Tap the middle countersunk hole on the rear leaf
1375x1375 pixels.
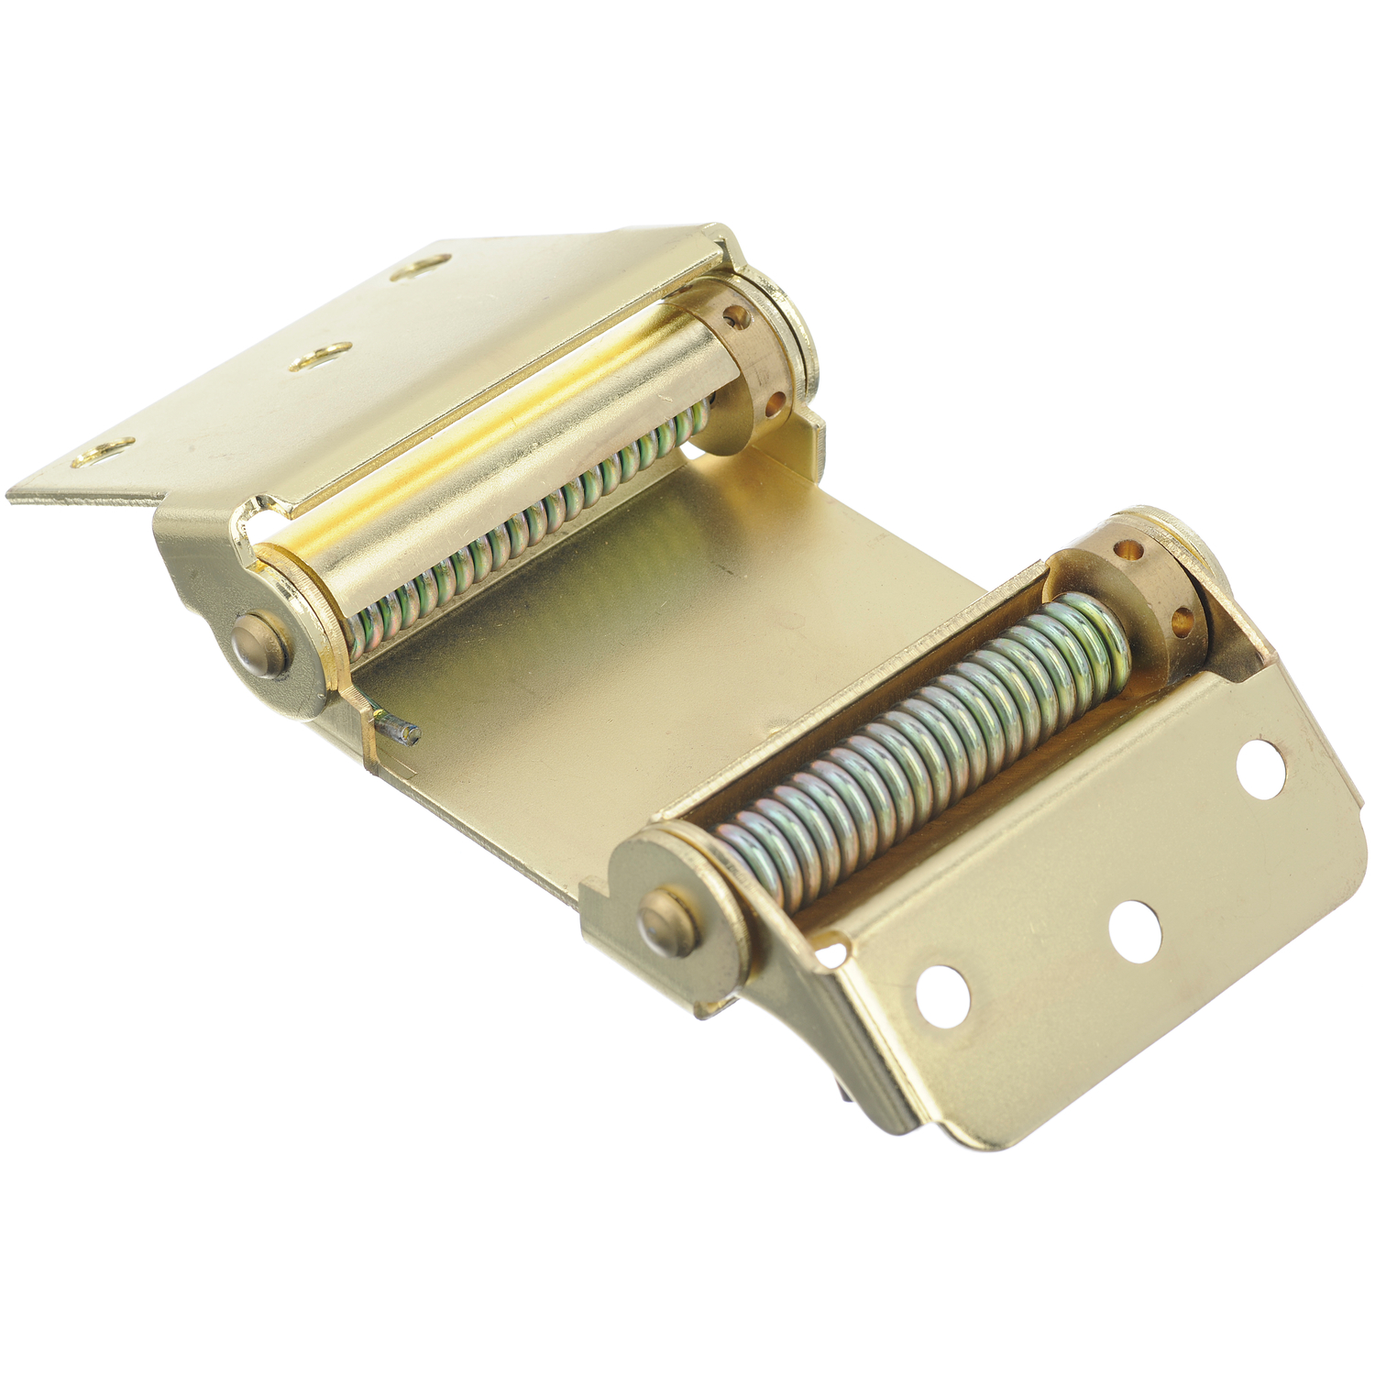point(321,357)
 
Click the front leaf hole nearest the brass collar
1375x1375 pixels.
point(1260,770)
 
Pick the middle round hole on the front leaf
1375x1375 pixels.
point(1135,932)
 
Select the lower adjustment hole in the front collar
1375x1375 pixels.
point(1182,624)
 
